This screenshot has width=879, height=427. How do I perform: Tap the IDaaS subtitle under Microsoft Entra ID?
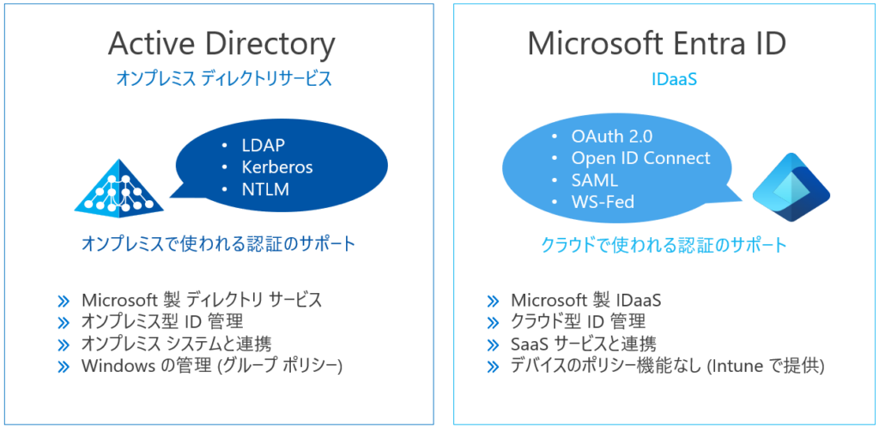point(674,79)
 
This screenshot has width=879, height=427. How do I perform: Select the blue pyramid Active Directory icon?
point(118,186)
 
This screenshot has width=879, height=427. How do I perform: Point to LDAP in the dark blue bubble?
point(264,145)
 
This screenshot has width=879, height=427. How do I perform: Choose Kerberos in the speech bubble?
point(277,168)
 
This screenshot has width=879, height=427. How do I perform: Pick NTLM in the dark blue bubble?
point(265,190)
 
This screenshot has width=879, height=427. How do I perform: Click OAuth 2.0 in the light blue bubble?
point(612,137)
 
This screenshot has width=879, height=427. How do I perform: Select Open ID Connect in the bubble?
point(640,158)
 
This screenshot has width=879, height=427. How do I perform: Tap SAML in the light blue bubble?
point(594,180)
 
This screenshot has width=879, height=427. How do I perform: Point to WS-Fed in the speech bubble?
point(603,202)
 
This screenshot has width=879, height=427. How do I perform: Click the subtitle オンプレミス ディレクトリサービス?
point(224,79)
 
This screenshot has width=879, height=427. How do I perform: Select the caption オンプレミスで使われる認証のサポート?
point(219,244)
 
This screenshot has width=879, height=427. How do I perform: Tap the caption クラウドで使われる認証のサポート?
point(664,245)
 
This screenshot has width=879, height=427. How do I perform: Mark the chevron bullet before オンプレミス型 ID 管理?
point(64,323)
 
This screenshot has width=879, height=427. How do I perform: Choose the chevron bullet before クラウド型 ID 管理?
point(493,323)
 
